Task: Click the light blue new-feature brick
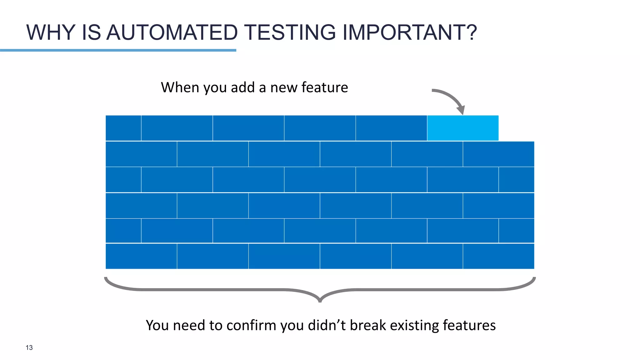[x=462, y=128]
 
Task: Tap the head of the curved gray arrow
[x=461, y=110]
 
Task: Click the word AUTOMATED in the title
[x=172, y=32]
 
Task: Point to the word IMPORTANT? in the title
[x=410, y=32]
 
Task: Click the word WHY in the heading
[x=51, y=32]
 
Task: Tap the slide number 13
[x=29, y=347]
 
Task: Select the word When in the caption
[x=180, y=87]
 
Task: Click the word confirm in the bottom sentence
[x=251, y=325]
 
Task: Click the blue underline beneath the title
[x=118, y=50]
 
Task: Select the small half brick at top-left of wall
[x=123, y=128]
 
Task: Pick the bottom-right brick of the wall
[x=498, y=256]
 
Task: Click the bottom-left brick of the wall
[x=141, y=256]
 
